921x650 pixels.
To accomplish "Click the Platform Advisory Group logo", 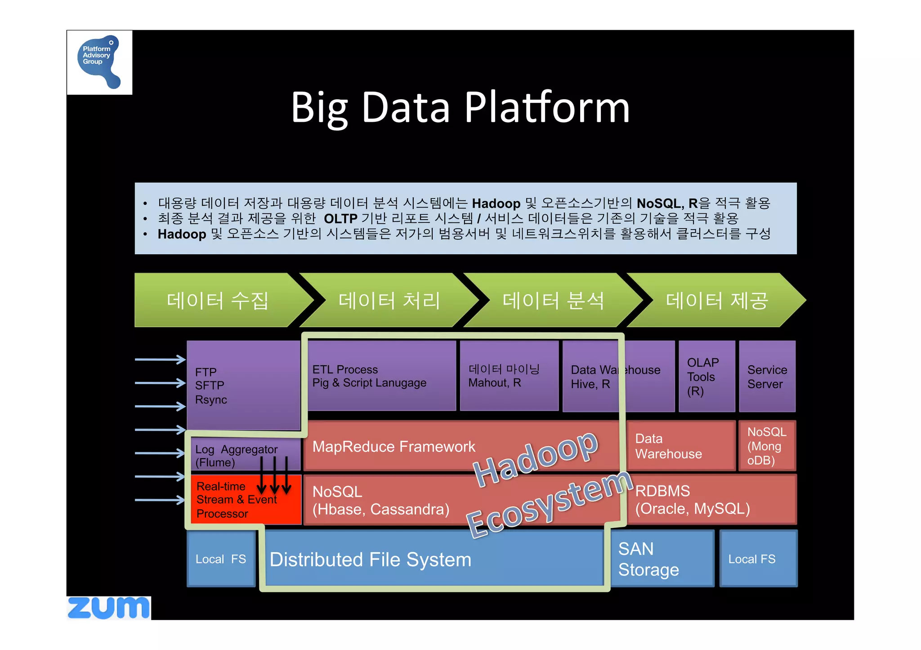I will click(99, 62).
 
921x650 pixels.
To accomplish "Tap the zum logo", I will click(108, 608).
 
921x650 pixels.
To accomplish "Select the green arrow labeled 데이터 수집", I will click(218, 300).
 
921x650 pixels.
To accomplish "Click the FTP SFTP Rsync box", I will click(243, 385).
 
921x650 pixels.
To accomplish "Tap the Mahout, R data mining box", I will click(509, 376).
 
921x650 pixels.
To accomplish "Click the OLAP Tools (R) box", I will click(706, 376).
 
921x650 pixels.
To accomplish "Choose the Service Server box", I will click(767, 376).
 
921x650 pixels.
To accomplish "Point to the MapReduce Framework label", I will click(393, 447).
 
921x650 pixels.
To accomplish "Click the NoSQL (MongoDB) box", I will click(767, 446).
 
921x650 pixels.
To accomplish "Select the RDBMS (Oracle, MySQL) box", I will click(711, 500).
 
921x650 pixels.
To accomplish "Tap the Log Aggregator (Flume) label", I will click(236, 455).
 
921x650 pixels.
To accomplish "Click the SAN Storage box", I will click(662, 559).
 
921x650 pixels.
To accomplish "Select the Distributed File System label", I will click(370, 560).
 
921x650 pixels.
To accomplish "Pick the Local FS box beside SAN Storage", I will click(758, 559).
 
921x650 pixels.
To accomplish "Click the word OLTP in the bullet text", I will click(340, 219).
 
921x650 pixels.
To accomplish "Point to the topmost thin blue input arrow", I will click(160, 359).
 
